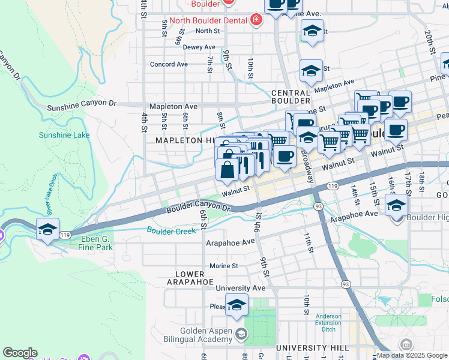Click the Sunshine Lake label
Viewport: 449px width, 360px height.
tap(64, 135)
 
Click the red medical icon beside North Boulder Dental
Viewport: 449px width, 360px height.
tap(256, 20)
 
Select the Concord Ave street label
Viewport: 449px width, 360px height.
tap(169, 64)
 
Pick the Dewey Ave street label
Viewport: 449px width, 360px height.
tap(199, 47)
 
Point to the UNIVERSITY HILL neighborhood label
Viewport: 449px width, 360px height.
tap(304, 348)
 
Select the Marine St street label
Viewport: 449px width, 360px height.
tap(223, 266)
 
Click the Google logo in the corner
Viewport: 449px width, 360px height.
tap(20, 353)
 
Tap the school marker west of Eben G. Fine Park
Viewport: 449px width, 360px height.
tap(48, 229)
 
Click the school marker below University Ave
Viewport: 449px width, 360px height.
tap(237, 305)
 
